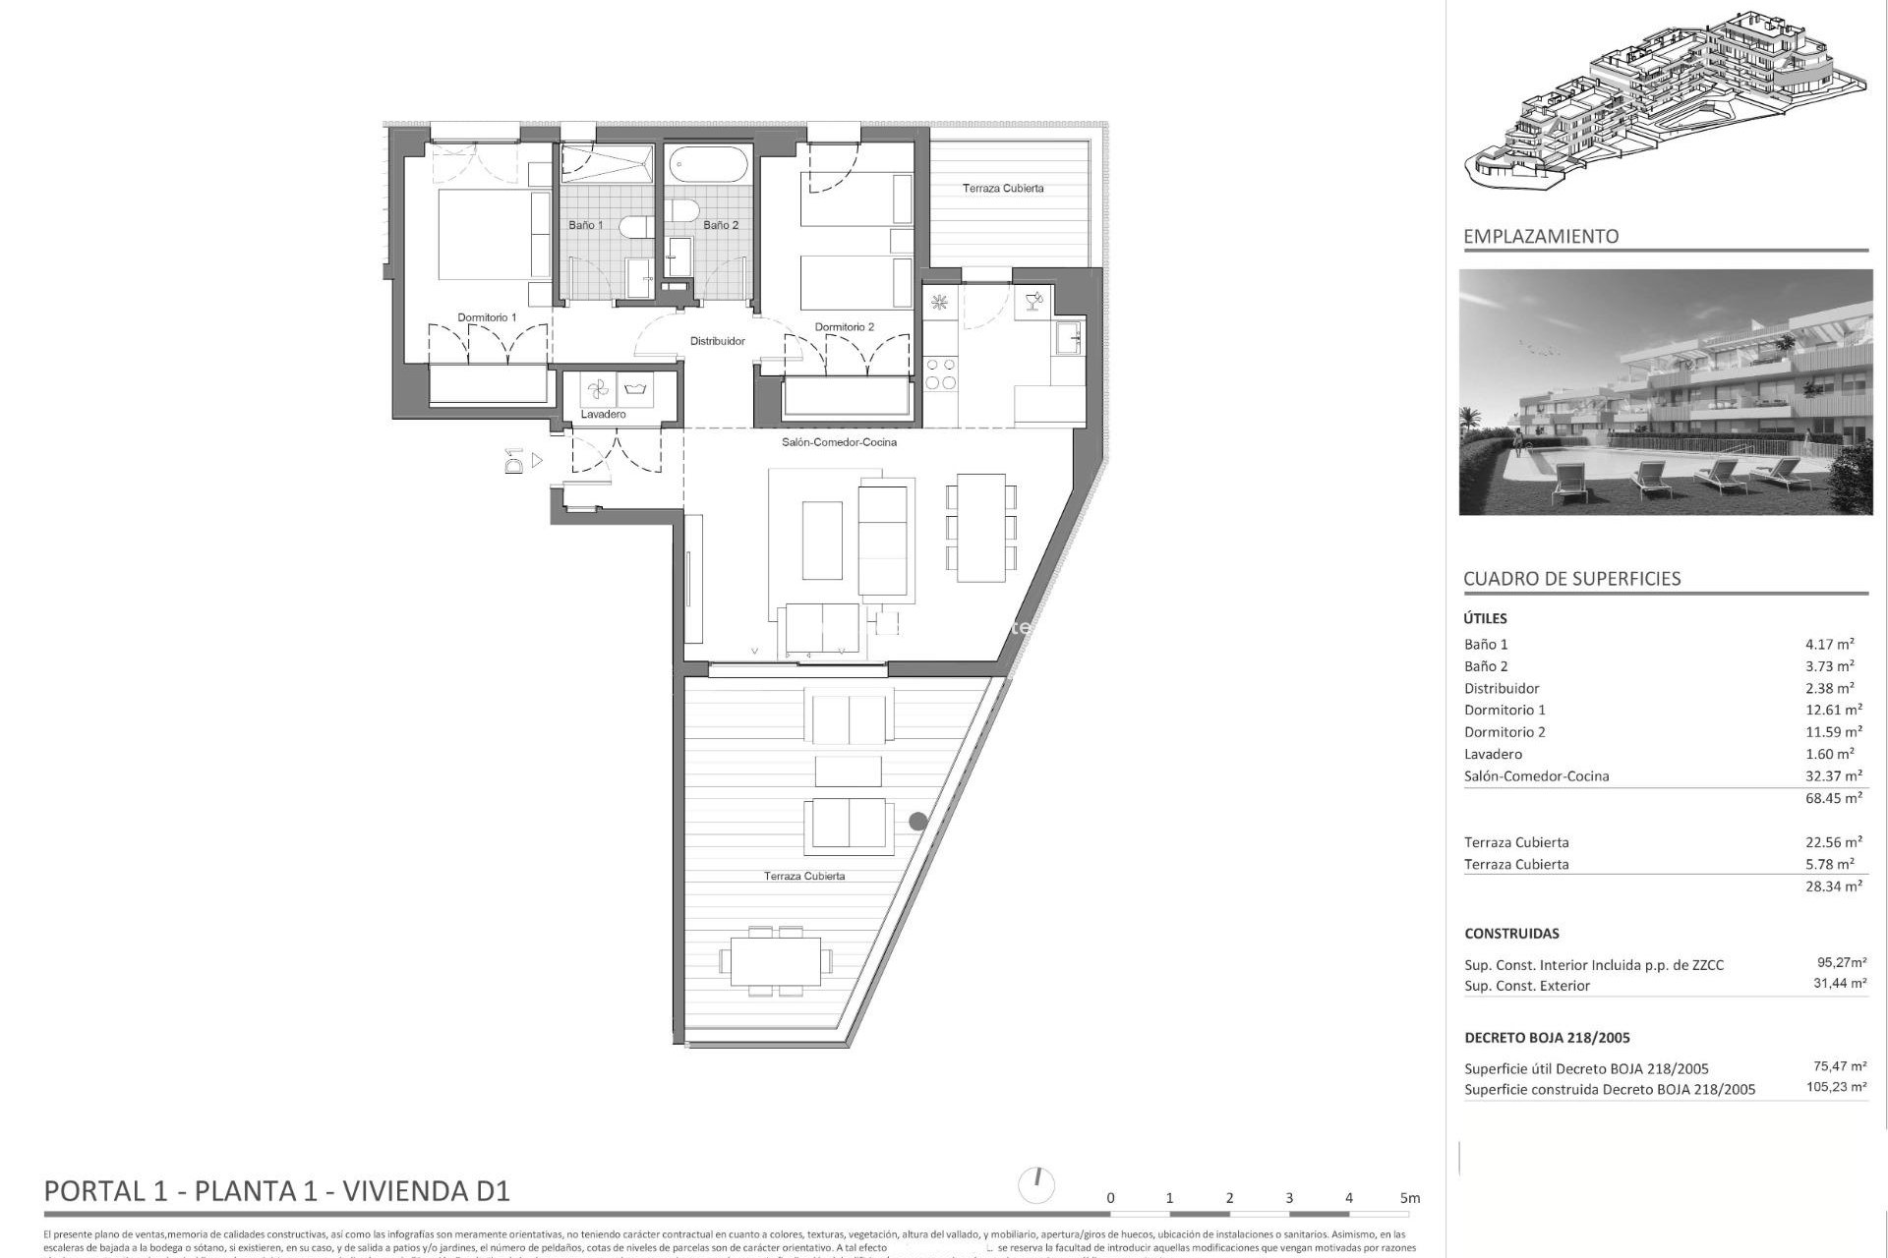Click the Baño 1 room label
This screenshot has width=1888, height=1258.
[x=585, y=225]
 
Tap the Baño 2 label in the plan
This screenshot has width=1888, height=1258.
[x=721, y=225]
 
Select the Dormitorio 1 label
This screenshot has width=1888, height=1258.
[x=487, y=317]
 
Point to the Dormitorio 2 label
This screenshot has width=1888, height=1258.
[x=844, y=327]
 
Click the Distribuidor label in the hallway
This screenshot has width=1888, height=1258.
[x=717, y=341]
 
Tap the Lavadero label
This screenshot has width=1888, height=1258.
[x=603, y=415]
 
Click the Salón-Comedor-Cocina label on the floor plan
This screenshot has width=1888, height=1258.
[x=839, y=442]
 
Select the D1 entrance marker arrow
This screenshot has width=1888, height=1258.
[x=537, y=460]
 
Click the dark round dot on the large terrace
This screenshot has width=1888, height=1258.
[x=917, y=821]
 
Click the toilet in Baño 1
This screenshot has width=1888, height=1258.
[x=632, y=227]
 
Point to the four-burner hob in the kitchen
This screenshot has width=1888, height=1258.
[x=941, y=373]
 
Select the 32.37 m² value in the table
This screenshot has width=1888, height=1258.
[x=1833, y=775]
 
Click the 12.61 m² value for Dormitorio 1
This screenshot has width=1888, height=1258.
[x=1833, y=710]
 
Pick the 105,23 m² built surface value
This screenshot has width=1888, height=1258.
[x=1836, y=1088]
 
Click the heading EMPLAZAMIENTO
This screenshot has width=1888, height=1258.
[x=1540, y=236]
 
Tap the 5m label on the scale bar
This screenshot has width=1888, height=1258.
[x=1410, y=1198]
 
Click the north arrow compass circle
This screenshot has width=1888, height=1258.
[x=1037, y=1185]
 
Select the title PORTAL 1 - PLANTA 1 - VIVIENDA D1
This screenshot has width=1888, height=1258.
[x=277, y=1191]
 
